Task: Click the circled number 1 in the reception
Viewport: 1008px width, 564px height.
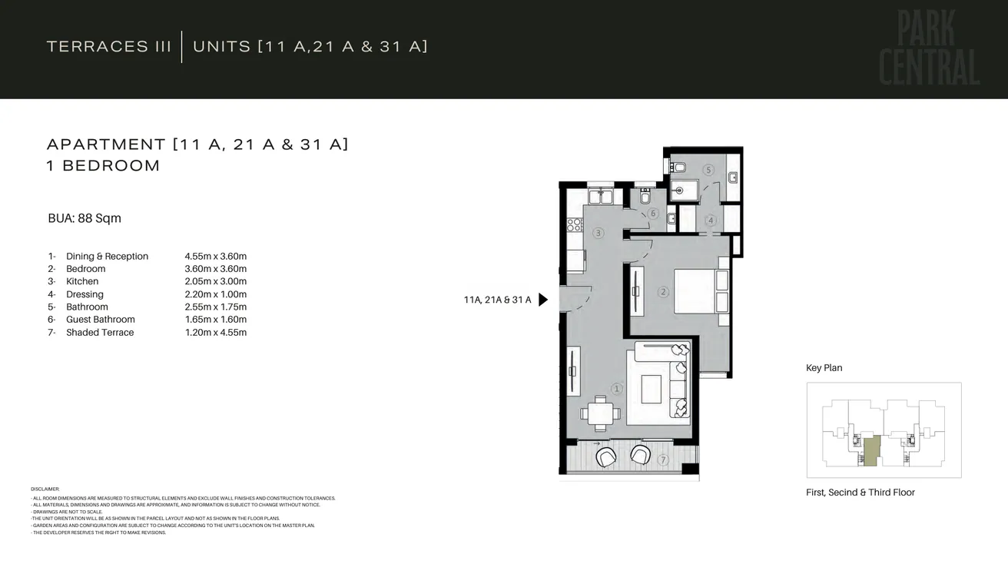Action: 615,389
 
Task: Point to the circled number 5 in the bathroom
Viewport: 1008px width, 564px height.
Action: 708,170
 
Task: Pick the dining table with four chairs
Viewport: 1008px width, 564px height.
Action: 600,413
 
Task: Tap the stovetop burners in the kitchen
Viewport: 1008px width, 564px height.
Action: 574,224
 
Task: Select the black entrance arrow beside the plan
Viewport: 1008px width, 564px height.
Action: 543,300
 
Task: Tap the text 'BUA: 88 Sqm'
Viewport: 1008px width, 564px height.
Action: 85,218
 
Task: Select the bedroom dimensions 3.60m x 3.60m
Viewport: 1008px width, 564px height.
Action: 215,269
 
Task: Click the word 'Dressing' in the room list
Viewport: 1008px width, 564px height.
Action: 85,294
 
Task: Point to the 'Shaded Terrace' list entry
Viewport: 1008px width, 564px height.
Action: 100,333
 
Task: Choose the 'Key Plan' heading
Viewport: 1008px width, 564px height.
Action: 824,368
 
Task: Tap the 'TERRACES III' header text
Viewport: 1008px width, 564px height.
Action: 109,46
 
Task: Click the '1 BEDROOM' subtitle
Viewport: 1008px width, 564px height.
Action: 103,166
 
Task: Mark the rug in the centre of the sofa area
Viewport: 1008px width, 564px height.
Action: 652,388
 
